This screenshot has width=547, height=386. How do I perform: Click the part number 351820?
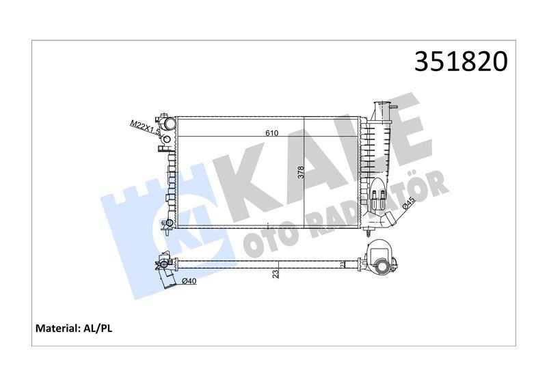click(461, 62)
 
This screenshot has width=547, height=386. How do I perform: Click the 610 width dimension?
click(271, 133)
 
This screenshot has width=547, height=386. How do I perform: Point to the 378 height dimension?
click(301, 172)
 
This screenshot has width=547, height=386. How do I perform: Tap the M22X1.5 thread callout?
click(145, 128)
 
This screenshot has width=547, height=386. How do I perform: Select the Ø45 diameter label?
click(408, 204)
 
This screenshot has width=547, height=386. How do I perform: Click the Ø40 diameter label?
click(189, 281)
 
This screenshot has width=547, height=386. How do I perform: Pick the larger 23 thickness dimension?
click(276, 274)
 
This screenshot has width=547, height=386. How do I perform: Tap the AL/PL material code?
click(97, 328)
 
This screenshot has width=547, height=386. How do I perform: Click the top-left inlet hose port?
click(169, 123)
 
